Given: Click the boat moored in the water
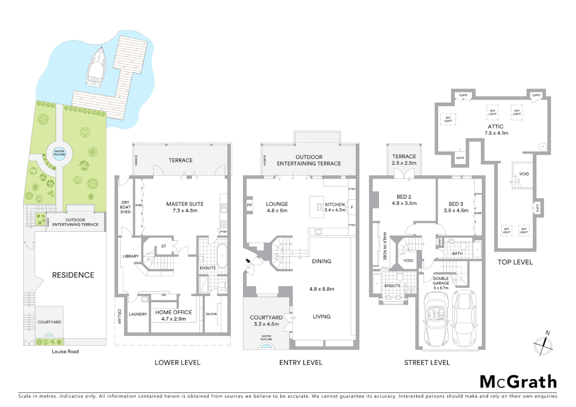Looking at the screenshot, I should coord(96,66).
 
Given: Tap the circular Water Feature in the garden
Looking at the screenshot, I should coord(59,153).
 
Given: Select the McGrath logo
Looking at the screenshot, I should coord(518,382).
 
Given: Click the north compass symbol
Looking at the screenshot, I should coord(543,344).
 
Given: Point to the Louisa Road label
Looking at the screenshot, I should coord(65,352).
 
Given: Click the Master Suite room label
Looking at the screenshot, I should coord(185,204).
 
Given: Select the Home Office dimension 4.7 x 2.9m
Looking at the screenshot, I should coord(173,319).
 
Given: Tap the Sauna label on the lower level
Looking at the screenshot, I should coord(211,314).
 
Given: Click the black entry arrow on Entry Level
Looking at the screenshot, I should coord(248,261).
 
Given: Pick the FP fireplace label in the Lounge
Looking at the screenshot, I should coord(249,205).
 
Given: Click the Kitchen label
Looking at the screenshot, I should coord(335,204).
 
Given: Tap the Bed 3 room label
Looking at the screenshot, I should coord(456,204).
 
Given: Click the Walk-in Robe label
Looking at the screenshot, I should coord(385,246).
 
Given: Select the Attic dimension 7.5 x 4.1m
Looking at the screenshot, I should coord(496,133).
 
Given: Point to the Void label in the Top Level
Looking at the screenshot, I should coord(524,174).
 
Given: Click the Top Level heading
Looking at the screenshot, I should coord(515,262).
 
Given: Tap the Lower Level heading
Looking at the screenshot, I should coord(178,363).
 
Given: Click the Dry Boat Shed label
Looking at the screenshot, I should coord(125,207).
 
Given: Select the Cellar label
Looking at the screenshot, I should coord(119,316).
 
